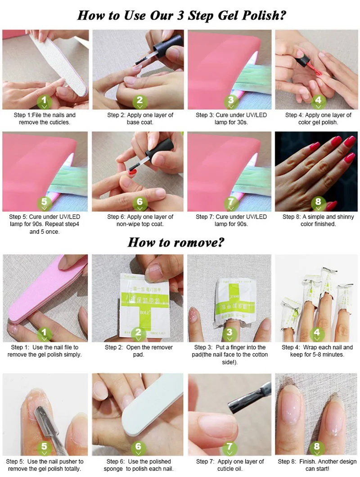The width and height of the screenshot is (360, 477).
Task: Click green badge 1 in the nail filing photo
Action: tap(44, 101)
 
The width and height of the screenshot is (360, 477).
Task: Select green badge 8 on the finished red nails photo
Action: tap(318, 203)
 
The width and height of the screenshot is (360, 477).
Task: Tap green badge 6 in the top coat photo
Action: tap(139, 203)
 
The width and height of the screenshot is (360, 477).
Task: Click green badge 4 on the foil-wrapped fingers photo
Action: tap(317, 333)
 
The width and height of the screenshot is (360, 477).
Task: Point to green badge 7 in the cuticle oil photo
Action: tap(230, 448)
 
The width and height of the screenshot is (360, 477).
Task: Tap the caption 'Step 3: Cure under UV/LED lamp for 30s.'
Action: tap(231, 119)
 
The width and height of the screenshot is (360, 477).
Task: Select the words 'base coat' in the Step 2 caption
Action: tap(139, 122)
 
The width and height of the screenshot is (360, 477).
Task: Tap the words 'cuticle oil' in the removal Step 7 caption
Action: tap(230, 469)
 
